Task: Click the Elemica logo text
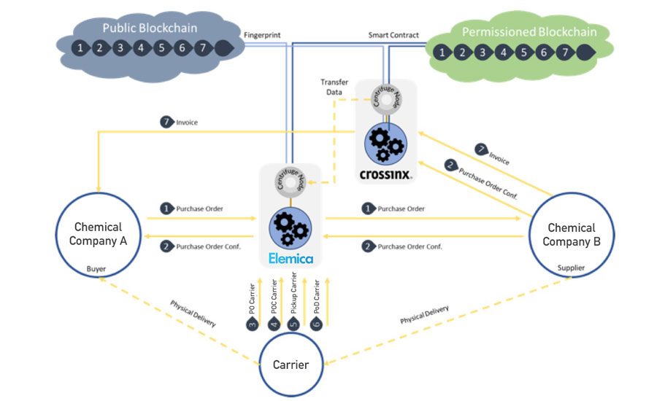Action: tap(290, 257)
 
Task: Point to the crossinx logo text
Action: tap(385, 174)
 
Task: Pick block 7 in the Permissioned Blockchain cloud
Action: tap(564, 52)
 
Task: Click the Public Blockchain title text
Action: tap(149, 28)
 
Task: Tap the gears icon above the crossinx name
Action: tap(385, 143)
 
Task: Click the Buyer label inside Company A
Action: tap(96, 269)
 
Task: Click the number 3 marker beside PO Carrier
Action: tap(253, 324)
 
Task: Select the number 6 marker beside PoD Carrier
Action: tap(316, 324)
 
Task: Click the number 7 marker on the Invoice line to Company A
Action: tap(166, 122)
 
